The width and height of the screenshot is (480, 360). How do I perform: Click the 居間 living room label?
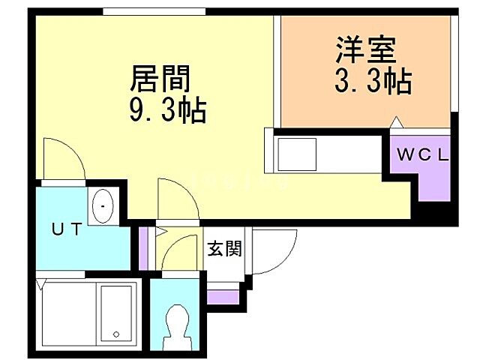[x=160, y=79]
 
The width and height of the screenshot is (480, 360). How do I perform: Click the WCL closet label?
[x=422, y=156]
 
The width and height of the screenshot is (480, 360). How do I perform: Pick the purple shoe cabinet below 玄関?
[x=223, y=297]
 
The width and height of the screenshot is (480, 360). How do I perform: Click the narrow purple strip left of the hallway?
[x=143, y=241]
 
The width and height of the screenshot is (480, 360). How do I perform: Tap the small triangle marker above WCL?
[x=396, y=122]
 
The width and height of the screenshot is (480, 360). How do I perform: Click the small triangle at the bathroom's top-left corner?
[x=41, y=283]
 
